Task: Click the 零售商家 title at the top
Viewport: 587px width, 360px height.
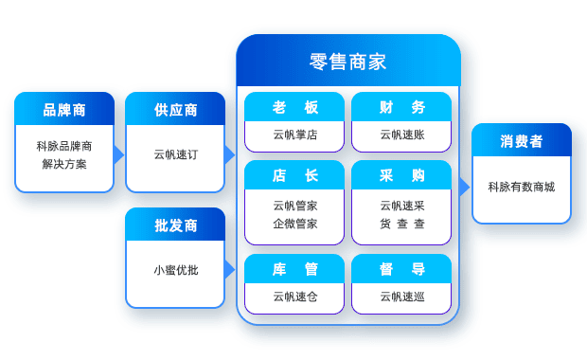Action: coord(347,63)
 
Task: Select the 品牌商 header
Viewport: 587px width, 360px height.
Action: coord(64,110)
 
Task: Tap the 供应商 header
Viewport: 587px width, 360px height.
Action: coord(175,110)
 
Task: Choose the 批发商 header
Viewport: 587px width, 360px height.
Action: coord(175,225)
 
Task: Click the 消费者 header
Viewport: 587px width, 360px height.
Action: coord(522,141)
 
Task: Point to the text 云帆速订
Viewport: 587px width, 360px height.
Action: coord(175,154)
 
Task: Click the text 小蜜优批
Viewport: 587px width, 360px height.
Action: coord(175,270)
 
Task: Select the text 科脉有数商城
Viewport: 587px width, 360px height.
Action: coord(522,187)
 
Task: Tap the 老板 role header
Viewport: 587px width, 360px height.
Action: coord(294,107)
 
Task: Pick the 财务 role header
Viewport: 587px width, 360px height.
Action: coord(401,107)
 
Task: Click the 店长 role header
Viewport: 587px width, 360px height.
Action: coord(294,175)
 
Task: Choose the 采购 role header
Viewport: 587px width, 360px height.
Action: coord(401,175)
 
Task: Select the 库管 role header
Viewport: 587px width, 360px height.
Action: coord(294,269)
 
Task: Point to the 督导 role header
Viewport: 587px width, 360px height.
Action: coord(401,269)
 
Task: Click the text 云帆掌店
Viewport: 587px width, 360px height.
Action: coord(294,135)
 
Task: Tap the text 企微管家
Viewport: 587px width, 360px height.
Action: coord(294,224)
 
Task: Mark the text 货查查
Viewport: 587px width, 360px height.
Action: coord(401,224)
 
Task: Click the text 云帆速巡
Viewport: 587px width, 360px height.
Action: coord(401,297)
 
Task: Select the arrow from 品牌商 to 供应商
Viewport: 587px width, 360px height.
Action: coord(119,154)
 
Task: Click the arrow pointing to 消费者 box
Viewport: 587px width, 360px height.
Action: coord(465,187)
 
